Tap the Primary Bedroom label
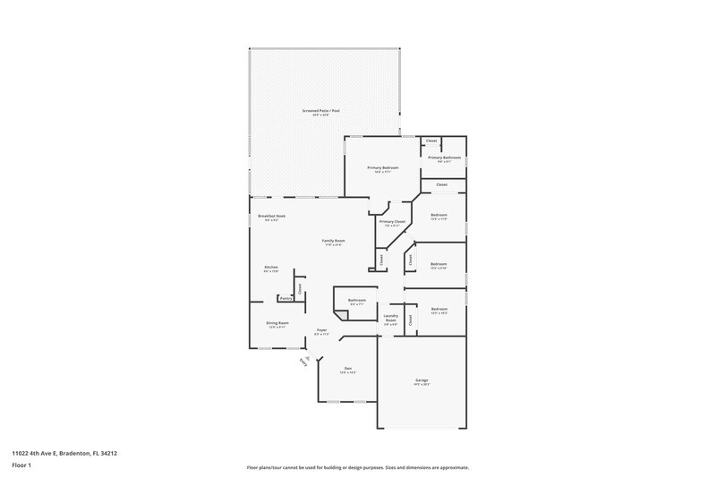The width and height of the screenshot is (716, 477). [x=382, y=167]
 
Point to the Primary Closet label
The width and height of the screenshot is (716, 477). [x=392, y=221]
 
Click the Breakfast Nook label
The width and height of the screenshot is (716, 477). [x=271, y=216]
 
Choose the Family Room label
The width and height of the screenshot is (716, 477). [x=334, y=241]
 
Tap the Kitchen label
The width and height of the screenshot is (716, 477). [x=271, y=268]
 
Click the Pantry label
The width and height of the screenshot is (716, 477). [x=284, y=298]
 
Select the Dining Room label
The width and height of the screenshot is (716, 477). [x=277, y=323]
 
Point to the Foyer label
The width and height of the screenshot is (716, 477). [x=321, y=330]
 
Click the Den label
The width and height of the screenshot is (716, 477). [x=349, y=368]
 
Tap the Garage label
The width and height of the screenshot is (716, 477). [x=421, y=380]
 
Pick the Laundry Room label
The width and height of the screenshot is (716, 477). [x=390, y=318]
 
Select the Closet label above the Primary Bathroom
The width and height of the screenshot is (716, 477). [x=431, y=141]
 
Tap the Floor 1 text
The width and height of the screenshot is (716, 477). [x=21, y=466]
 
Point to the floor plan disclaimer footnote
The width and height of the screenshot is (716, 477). [x=357, y=466]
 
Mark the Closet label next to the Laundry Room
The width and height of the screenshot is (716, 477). [x=410, y=319]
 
